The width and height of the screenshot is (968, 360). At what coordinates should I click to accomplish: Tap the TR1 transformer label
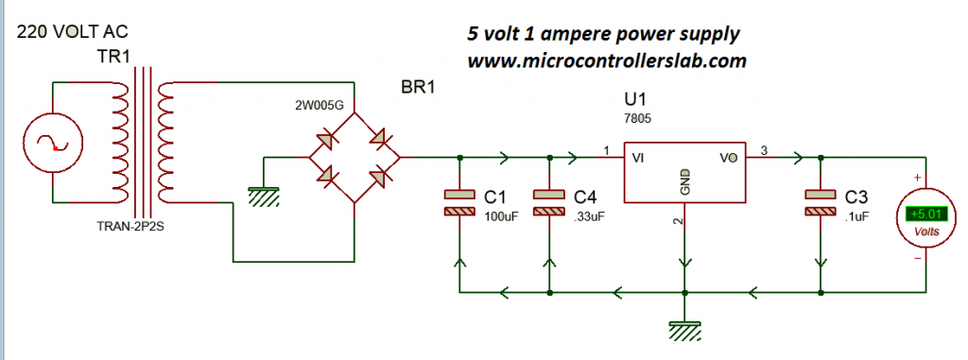click(x=113, y=56)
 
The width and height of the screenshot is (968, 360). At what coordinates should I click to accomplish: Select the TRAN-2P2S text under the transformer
click(x=134, y=228)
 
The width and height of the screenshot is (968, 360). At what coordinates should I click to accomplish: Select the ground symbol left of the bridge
click(x=264, y=195)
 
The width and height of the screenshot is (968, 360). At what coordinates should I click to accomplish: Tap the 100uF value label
click(x=501, y=216)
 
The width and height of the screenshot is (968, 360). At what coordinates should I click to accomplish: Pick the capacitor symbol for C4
click(x=549, y=203)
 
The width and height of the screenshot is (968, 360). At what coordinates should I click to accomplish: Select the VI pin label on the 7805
click(x=640, y=159)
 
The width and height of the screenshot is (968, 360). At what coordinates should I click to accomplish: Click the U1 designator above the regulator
click(x=636, y=99)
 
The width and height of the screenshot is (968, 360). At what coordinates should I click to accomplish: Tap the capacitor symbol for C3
click(x=820, y=203)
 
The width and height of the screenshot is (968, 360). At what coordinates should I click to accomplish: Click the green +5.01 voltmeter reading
click(x=925, y=214)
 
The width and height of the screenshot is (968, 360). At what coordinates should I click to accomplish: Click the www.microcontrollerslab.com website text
click(x=607, y=60)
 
